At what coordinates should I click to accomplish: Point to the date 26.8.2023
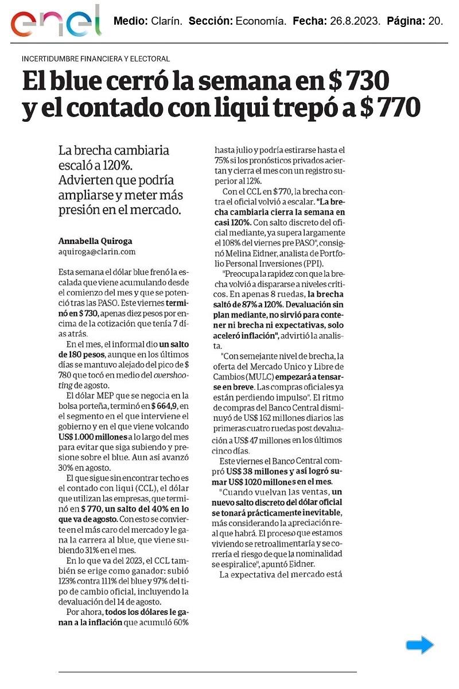[355, 22]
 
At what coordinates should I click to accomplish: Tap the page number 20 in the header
[435, 22]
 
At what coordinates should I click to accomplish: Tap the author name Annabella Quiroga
[91, 241]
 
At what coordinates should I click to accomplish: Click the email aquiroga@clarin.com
[97, 251]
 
